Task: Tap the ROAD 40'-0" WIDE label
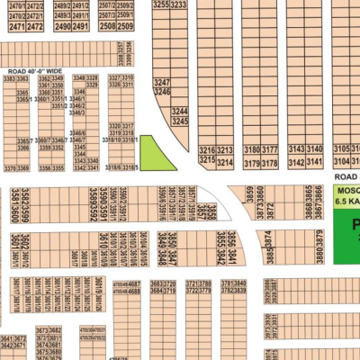[x=35, y=70]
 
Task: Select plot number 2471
[x=14, y=27]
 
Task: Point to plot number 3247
[x=162, y=82]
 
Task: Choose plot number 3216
[x=207, y=150]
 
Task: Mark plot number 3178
[x=269, y=163]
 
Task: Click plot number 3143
[x=296, y=150]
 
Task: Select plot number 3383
[x=8, y=79]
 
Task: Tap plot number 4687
[x=134, y=283]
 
